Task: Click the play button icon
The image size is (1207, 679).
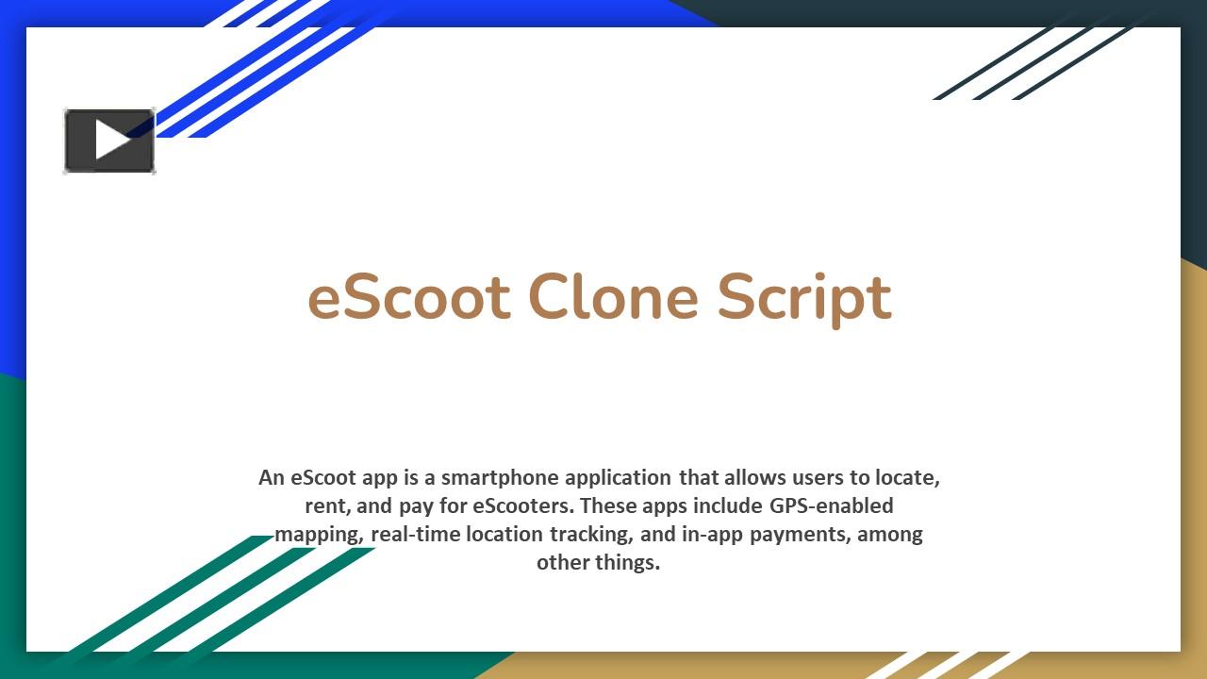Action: pos(109,141)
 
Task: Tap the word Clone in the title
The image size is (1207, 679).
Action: pos(613,297)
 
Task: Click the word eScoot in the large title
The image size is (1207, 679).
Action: pos(409,297)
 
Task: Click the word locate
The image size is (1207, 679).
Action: pos(907,478)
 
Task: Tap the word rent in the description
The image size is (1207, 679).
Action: pos(326,506)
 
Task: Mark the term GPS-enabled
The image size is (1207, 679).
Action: pos(832,506)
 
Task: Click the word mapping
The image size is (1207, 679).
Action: pos(319,535)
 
